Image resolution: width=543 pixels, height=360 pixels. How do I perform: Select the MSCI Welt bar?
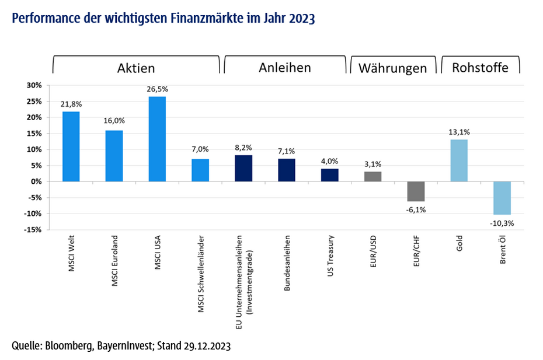71,146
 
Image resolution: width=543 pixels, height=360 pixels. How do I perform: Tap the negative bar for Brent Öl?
502,198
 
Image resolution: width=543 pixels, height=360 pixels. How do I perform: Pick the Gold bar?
459,160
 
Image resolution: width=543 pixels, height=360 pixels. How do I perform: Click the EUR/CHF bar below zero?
416,191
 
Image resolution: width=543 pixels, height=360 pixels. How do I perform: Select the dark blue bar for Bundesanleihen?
287,170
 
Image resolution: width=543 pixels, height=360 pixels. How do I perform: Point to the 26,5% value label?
158,89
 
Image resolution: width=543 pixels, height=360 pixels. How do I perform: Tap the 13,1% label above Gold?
459,132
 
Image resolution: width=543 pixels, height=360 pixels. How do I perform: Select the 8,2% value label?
243,148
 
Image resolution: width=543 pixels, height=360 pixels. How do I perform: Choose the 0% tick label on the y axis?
37,181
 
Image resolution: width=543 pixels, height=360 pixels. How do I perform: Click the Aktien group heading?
136,68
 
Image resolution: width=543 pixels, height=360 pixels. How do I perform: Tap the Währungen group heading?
393,68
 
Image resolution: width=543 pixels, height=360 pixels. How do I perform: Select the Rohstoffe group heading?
480,68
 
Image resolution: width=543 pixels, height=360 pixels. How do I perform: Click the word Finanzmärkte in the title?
204,19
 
